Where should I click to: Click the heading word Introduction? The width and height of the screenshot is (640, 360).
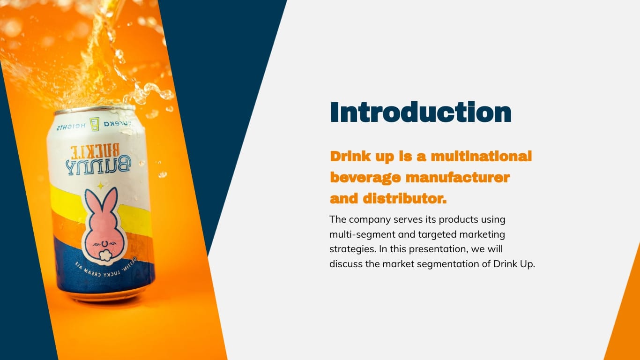tap(420, 112)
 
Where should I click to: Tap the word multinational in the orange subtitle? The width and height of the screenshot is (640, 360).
tap(481, 156)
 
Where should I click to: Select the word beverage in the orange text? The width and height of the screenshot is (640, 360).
tap(365, 178)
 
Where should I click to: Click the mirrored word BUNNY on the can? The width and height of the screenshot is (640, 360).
tap(98, 165)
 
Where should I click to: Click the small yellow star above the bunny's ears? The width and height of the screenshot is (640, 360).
tap(100, 186)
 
